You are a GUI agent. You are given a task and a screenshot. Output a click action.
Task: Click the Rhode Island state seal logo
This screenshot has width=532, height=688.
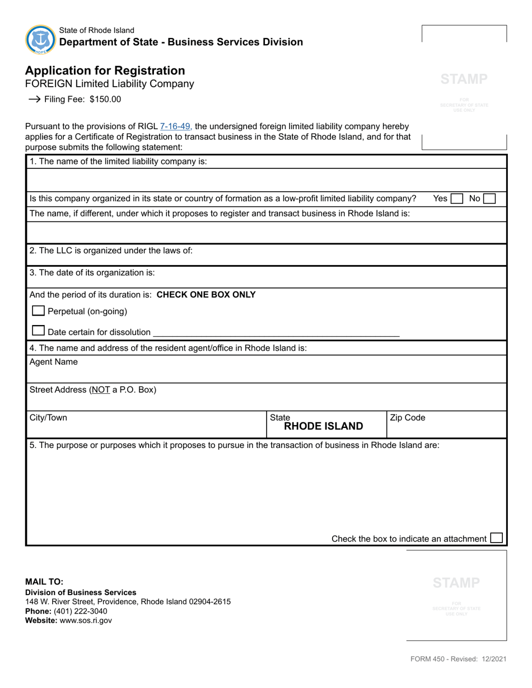40,40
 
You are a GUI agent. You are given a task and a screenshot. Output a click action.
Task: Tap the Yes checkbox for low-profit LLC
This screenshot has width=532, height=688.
457,199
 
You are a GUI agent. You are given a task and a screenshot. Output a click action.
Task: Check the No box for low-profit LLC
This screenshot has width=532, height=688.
489,199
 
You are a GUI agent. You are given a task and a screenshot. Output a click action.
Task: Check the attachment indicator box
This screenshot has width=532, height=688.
496,538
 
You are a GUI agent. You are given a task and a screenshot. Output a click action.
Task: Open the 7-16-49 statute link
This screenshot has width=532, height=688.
176,126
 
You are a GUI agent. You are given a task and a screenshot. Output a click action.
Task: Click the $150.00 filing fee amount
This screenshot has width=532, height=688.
105,100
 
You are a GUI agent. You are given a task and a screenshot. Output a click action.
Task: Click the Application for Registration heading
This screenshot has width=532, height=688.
105,70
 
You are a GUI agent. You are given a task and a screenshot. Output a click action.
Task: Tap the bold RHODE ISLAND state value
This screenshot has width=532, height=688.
324,426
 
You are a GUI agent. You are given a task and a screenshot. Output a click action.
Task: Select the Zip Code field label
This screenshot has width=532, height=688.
407,418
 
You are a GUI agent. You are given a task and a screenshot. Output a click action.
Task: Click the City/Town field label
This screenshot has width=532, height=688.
48,418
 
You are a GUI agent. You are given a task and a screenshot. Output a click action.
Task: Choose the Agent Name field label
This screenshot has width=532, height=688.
53,362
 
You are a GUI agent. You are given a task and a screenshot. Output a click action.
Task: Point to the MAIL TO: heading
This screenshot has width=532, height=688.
44,582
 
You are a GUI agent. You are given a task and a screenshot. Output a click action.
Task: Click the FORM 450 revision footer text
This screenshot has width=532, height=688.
459,659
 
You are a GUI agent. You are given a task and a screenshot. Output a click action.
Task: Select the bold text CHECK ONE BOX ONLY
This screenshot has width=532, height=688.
206,295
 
